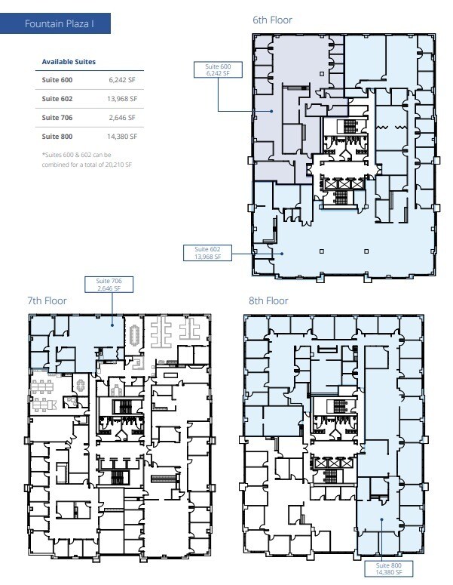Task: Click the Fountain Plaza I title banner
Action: pyautogui.click(x=57, y=24)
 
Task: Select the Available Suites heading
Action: pyautogui.click(x=69, y=61)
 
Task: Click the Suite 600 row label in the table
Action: pyautogui.click(x=57, y=79)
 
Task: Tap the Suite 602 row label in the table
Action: pyautogui.click(x=57, y=98)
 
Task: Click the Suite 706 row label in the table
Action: pyautogui.click(x=57, y=117)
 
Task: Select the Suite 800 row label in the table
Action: pyautogui.click(x=57, y=136)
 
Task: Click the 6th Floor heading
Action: pyautogui.click(x=272, y=20)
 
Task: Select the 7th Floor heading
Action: pyautogui.click(x=47, y=300)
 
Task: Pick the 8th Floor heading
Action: pyautogui.click(x=268, y=300)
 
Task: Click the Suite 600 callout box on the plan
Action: pyautogui.click(x=219, y=70)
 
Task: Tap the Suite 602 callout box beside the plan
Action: pyautogui.click(x=207, y=253)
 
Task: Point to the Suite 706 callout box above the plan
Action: pyautogui.click(x=113, y=284)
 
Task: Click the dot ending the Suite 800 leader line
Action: pyautogui.click(x=382, y=519)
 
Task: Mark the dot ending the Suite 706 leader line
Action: pyautogui.click(x=113, y=325)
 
